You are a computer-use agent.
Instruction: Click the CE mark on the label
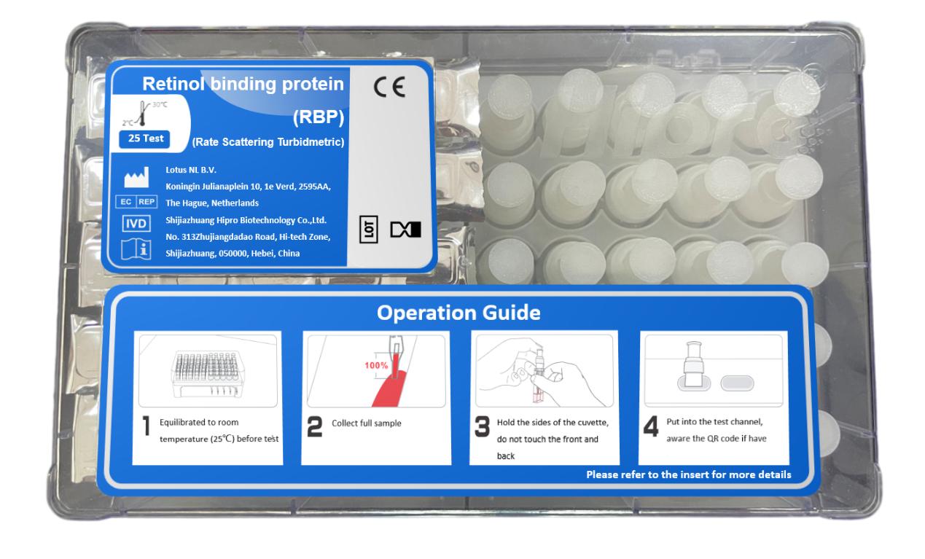(x=389, y=87)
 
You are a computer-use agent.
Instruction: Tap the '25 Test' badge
(x=146, y=138)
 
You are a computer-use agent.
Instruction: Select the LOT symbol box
(x=368, y=229)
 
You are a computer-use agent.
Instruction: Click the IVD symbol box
(x=136, y=223)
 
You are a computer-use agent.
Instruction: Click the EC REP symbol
(x=136, y=202)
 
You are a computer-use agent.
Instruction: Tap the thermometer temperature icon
(x=142, y=114)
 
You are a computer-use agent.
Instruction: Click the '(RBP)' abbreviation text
(x=319, y=117)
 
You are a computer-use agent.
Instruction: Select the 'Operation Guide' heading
(x=458, y=313)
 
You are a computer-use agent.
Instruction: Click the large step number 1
(x=146, y=426)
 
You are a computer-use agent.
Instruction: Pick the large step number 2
(x=315, y=426)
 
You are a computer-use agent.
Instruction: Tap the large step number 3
(x=483, y=426)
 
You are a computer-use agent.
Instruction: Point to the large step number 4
(x=651, y=426)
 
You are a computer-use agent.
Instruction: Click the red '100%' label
(x=376, y=365)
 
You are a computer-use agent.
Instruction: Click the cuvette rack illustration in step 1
(x=206, y=374)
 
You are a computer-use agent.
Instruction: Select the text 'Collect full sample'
(x=367, y=423)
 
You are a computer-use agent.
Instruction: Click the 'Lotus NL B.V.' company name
(x=191, y=170)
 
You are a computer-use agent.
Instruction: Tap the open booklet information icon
(x=136, y=249)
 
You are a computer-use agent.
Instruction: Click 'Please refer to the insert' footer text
(x=689, y=474)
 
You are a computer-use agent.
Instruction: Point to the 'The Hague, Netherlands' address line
(x=212, y=203)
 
